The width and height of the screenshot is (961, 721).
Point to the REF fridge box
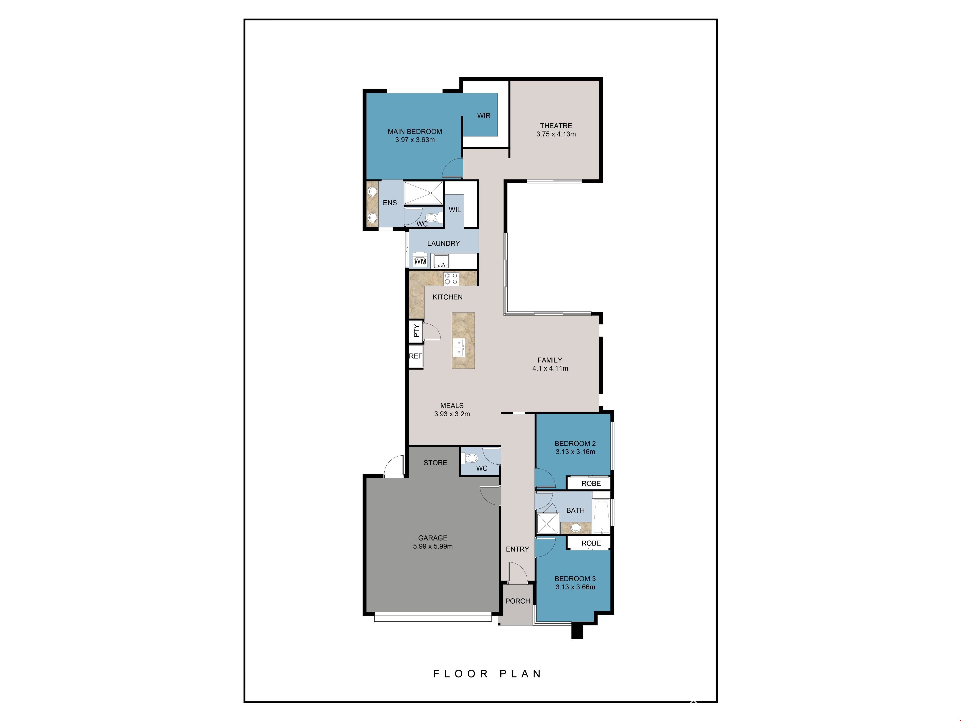(x=416, y=356)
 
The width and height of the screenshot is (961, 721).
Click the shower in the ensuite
(x=424, y=193)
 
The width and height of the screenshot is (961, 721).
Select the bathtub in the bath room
(x=601, y=513)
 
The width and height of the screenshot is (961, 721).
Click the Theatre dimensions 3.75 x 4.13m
(x=556, y=134)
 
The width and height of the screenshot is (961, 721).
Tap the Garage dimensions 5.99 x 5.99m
(x=433, y=546)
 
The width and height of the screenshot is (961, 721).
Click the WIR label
(x=484, y=116)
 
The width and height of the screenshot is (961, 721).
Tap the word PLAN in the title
(x=520, y=674)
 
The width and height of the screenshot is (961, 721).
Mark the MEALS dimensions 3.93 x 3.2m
(x=452, y=414)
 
